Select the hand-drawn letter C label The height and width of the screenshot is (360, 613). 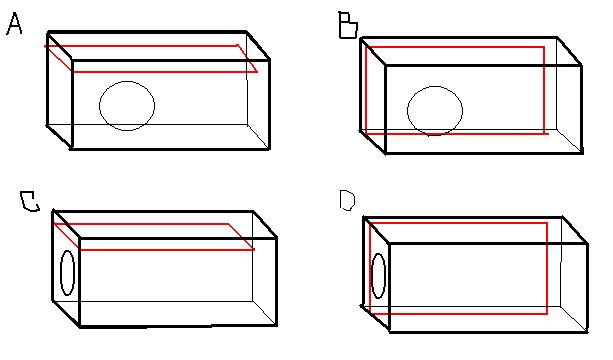[x=29, y=203]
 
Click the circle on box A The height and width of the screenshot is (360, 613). [x=127, y=105]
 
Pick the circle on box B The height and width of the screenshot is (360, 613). [x=435, y=109]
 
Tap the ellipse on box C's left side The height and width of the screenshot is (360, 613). [x=67, y=272]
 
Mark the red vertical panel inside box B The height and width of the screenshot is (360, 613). [x=455, y=89]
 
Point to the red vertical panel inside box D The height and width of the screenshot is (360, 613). [x=458, y=268]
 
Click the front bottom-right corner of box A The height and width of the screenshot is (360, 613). [x=270, y=149]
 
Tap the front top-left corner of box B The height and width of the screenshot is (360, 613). [x=385, y=66]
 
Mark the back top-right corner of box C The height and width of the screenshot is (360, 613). [x=252, y=212]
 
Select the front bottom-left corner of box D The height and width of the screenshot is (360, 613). [x=388, y=332]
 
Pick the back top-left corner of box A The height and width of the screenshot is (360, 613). [x=47, y=31]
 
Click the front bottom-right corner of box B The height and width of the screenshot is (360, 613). [x=581, y=153]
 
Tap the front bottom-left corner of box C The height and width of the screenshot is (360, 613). [x=78, y=327]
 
